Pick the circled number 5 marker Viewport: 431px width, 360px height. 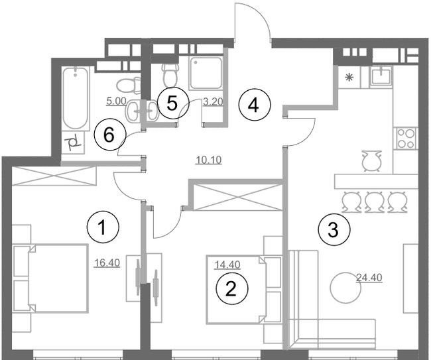pyautogui.click(x=172, y=103)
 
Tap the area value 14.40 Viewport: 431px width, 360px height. pyautogui.click(x=225, y=264)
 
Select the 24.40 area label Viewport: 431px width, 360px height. pyautogui.click(x=368, y=277)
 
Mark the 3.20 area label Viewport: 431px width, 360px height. pyautogui.click(x=212, y=102)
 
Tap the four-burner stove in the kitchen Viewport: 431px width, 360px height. pyautogui.click(x=405, y=138)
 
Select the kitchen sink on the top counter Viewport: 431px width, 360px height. pyautogui.click(x=381, y=76)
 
